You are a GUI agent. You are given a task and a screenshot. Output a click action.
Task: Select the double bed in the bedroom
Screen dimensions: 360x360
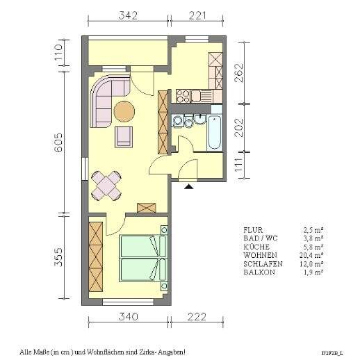(143, 258)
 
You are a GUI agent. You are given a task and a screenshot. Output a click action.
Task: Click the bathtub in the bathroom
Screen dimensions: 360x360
(215, 132)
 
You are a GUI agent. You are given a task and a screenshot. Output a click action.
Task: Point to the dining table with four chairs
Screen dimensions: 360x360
(108, 186)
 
